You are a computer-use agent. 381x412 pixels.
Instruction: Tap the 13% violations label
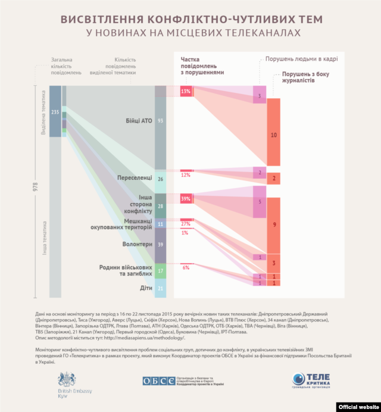pyautogui.click(x=186, y=91)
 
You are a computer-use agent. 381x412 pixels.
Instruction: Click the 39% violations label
pyautogui.click(x=186, y=198)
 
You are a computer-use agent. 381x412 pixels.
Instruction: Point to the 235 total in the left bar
pyautogui.click(x=55, y=112)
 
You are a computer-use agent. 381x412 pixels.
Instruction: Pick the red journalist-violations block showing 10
pyautogui.click(x=274, y=135)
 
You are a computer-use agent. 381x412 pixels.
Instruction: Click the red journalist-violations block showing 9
pyautogui.click(x=274, y=224)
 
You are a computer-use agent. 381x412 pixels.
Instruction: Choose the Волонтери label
pyautogui.click(x=136, y=244)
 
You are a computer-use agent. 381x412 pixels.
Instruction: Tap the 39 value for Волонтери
pyautogui.click(x=160, y=245)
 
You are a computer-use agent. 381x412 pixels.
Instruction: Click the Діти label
pyautogui.click(x=146, y=288)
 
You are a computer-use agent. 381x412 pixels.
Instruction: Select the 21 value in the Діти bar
pyautogui.click(x=160, y=288)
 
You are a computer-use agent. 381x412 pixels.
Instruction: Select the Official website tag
pyautogui.click(x=358, y=407)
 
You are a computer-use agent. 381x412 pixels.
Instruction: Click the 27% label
pyautogui.click(x=185, y=224)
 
